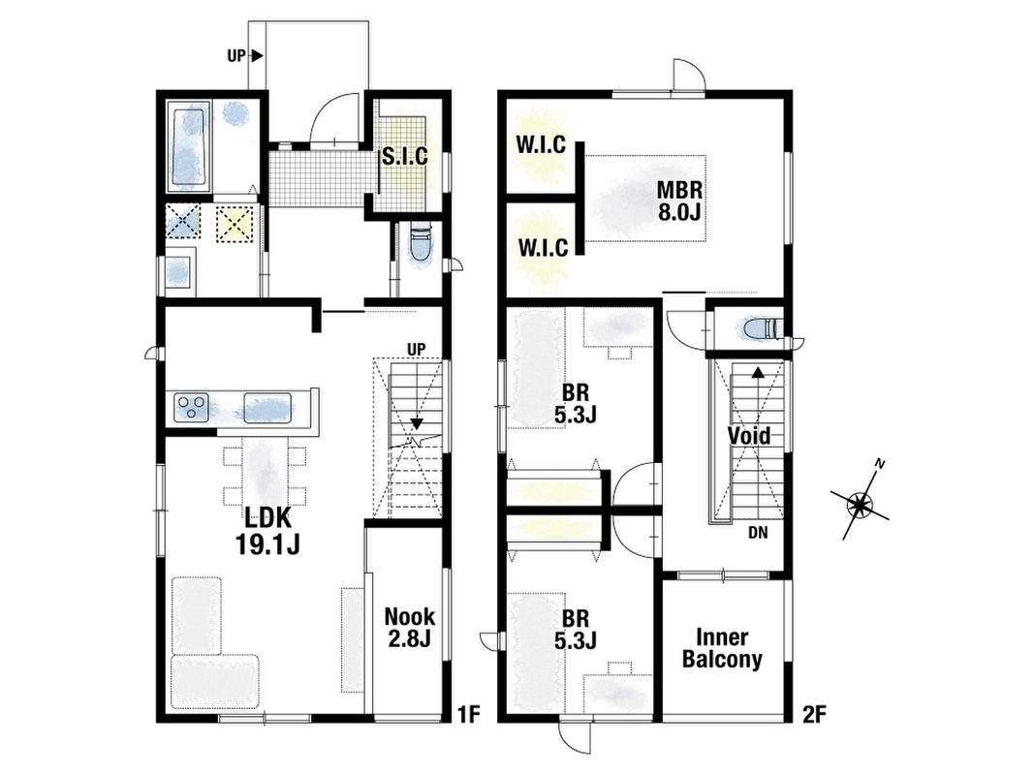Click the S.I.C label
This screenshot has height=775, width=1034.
coord(405,157)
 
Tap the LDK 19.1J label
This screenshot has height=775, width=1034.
coord(267,531)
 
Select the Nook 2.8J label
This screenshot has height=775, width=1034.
coord(410,627)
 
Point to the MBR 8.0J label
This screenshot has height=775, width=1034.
coord(679,201)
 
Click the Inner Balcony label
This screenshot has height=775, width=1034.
coord(722,648)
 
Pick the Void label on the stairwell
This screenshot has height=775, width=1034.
coord(748,436)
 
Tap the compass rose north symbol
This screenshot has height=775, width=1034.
coord(860,503)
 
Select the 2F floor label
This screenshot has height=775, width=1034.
coord(814,714)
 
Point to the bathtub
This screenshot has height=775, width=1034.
coord(189,146)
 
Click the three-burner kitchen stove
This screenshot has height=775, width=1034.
coord(192,407)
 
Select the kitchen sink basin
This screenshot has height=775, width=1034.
coord(267,407)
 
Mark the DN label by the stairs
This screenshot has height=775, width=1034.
coord(758,533)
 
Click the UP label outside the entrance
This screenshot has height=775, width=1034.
coord(236,56)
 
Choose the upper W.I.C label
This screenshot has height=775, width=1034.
coord(541,145)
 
